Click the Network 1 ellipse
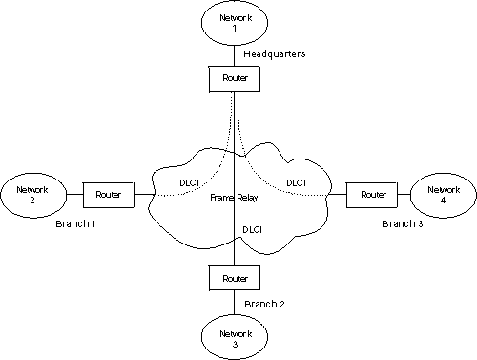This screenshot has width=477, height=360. [235, 24]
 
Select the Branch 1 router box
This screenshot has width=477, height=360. [108, 194]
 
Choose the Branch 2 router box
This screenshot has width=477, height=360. [235, 278]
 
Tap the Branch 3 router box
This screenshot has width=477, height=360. [366, 194]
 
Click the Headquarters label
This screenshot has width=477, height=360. [275, 54]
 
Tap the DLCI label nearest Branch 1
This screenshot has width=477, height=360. [189, 181]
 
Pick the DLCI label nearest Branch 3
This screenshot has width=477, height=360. [296, 182]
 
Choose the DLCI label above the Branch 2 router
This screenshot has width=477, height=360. [253, 230]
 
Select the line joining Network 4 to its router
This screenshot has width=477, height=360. [401, 194]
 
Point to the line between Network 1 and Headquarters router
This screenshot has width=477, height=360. [235, 55]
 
